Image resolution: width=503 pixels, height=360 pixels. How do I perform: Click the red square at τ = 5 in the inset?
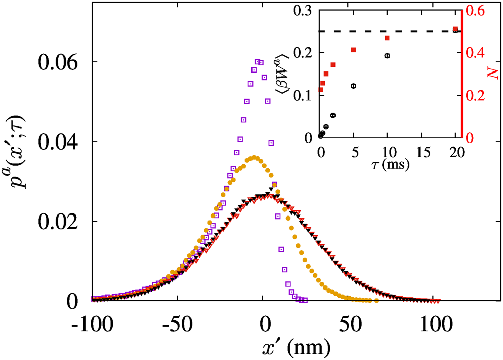tap(354, 50)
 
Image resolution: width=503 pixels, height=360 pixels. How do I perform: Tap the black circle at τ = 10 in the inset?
tap(387, 55)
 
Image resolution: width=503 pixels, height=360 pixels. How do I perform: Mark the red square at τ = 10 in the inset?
tap(387, 38)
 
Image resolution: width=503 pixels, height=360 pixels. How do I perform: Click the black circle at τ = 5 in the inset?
tap(354, 86)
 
